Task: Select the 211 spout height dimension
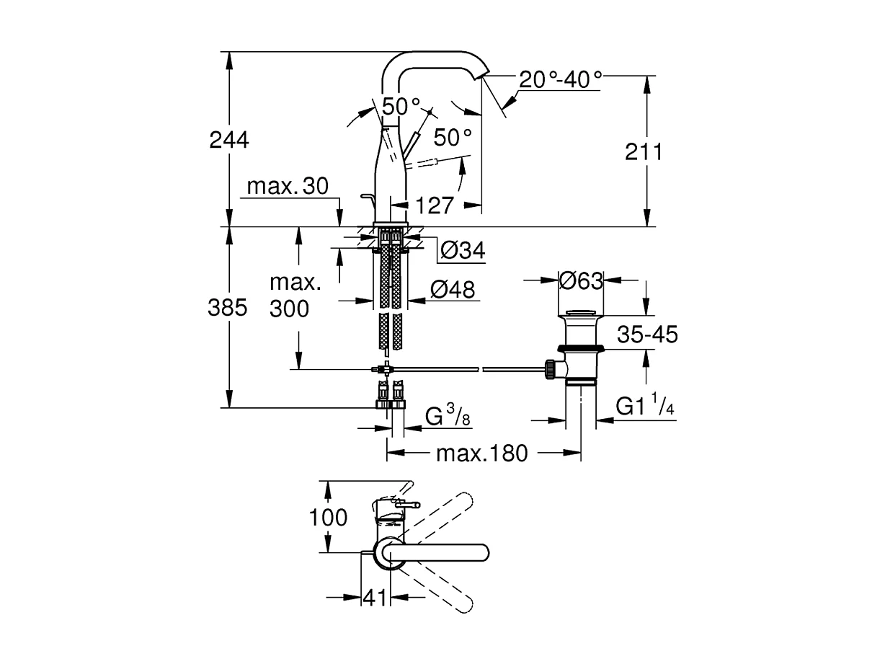[x=644, y=151]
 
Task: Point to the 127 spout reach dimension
[x=435, y=205]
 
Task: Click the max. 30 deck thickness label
[x=288, y=187]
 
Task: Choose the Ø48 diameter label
[x=453, y=290]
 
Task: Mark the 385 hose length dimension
[x=227, y=309]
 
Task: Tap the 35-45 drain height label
[x=647, y=335]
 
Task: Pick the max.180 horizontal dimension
[x=482, y=453]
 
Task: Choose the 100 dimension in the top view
[x=328, y=517]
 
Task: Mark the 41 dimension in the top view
[x=374, y=598]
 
